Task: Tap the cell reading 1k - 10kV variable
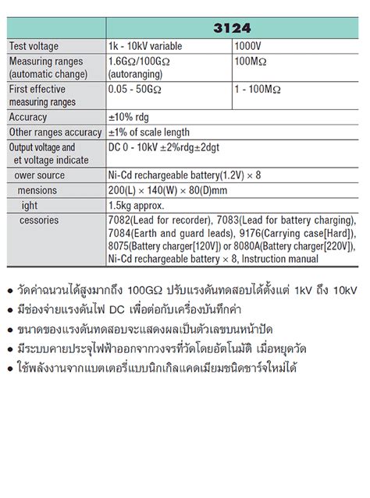click(x=144, y=47)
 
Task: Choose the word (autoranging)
click(x=137, y=74)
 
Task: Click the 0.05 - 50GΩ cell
click(x=135, y=90)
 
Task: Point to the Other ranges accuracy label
click(x=52, y=132)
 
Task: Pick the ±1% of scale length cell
click(x=148, y=132)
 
